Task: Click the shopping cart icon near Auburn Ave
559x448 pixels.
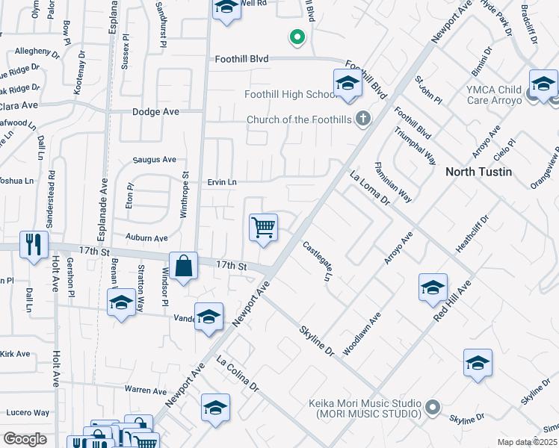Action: tap(263, 227)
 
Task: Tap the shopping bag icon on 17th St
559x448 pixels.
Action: tap(183, 266)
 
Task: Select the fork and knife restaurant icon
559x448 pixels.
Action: tap(34, 244)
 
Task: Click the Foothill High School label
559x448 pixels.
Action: tap(288, 94)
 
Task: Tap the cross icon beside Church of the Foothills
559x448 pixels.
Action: tap(362, 118)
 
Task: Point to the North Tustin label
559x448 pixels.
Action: tap(478, 172)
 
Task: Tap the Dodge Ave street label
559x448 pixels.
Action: tap(155, 111)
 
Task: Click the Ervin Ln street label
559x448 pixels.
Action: tap(222, 181)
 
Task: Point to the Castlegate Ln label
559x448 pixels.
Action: tap(317, 261)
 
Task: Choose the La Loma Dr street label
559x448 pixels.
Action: tap(370, 190)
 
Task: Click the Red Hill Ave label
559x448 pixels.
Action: tap(452, 302)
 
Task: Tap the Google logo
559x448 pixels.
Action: tap(25, 438)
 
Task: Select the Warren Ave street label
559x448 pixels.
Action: tap(146, 391)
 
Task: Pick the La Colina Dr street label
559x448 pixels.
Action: tap(237, 377)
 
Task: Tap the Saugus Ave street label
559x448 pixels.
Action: tap(154, 159)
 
